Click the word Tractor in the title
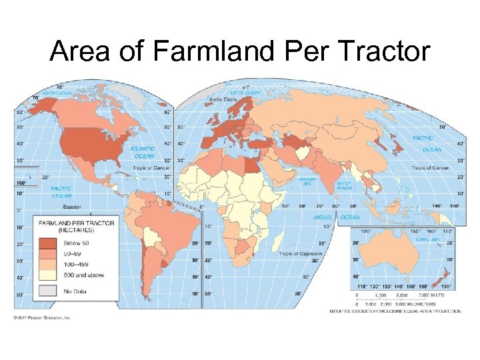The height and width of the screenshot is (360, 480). coord(382,51)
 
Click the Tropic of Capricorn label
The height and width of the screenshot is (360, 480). coord(300,254)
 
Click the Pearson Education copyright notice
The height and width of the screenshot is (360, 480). coord(42,317)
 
